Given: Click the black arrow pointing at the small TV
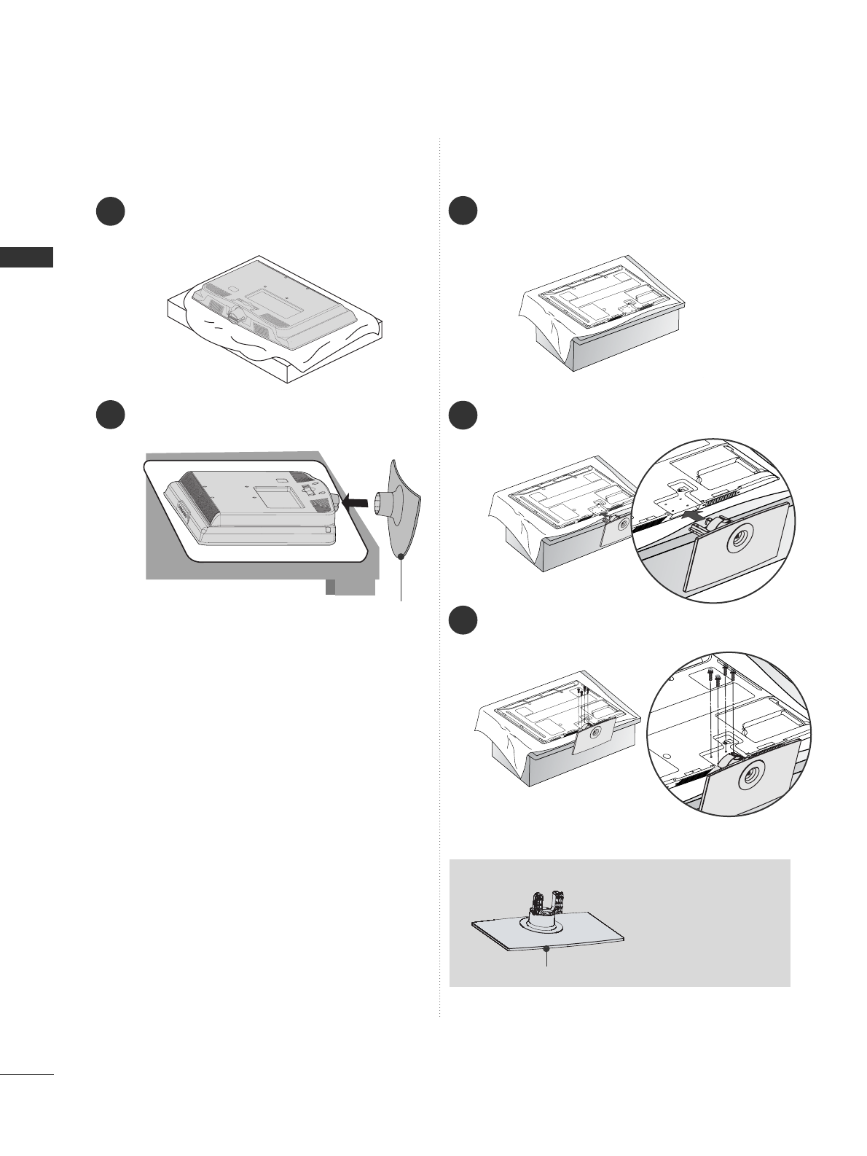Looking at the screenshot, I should pos(356,501).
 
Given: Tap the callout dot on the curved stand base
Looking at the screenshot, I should pos(401,557).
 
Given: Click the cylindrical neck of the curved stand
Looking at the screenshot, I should pos(384,504).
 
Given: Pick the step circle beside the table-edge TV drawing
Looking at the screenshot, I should pos(111,413).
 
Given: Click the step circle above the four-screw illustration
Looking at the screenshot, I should pos(463,620).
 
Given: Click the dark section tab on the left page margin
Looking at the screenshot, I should pos(26,257).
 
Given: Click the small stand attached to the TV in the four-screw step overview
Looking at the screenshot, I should pos(593,741).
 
